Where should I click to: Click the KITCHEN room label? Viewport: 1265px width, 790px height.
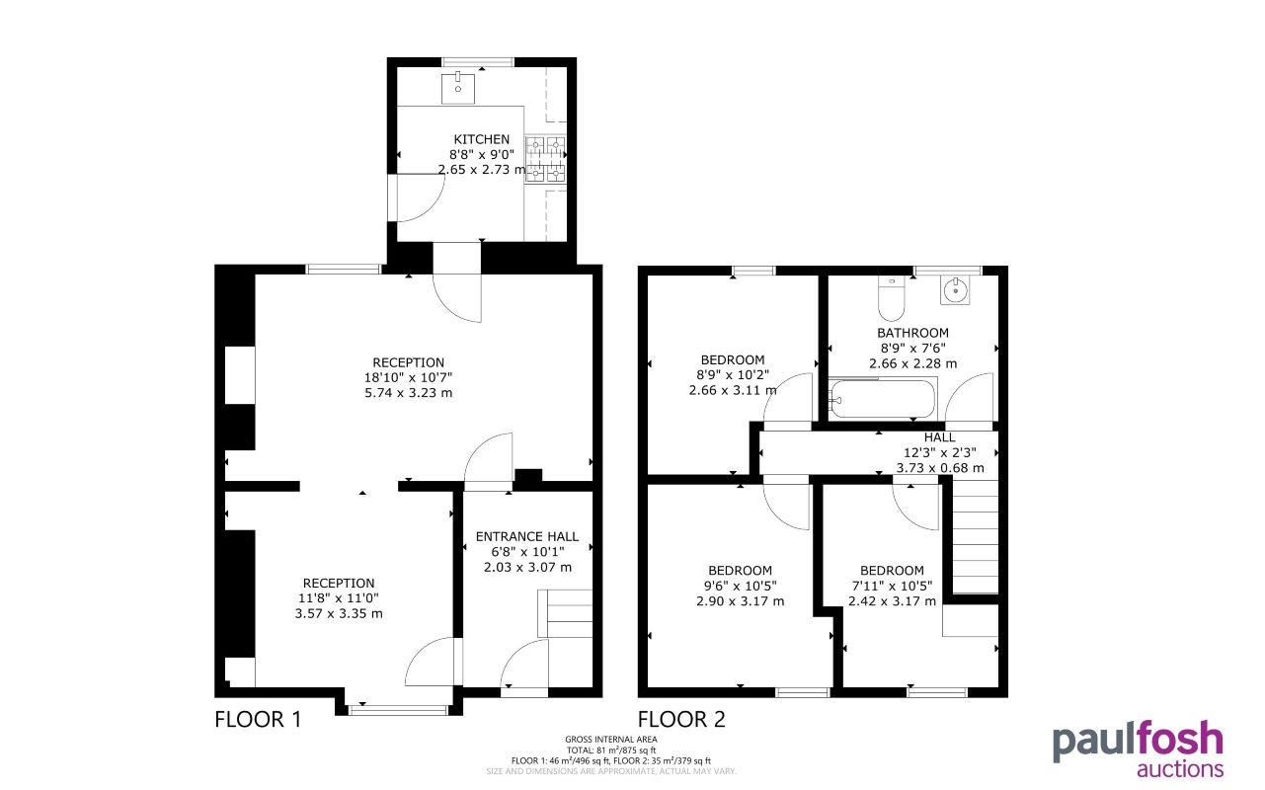coord(481,139)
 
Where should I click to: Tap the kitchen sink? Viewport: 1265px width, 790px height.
coord(457,88)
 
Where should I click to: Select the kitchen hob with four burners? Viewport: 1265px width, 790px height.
coord(545,159)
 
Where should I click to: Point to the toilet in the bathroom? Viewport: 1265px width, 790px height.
coord(891,297)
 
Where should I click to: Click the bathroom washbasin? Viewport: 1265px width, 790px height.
coord(955,290)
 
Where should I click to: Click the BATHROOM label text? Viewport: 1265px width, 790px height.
coord(912,333)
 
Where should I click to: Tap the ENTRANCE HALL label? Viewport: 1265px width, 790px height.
coord(527,536)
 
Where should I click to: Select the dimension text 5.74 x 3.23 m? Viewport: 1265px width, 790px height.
coord(408,392)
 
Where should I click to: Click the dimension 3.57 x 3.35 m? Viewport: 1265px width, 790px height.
coord(339,613)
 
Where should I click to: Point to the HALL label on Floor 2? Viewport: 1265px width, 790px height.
coord(940,437)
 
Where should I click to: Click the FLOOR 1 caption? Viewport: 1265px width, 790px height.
coord(258,720)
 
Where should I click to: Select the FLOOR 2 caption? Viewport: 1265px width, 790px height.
coord(681,720)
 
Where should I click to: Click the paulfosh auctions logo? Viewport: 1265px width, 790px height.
coord(1138,750)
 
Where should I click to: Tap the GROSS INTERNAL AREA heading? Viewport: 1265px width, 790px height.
coord(611,740)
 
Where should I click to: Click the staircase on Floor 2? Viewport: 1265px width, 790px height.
coord(976,535)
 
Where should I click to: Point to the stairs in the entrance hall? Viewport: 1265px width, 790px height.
coord(565,613)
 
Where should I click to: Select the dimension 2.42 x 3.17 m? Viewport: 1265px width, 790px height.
coord(892,600)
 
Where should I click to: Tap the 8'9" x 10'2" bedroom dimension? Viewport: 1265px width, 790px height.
coord(733,374)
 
